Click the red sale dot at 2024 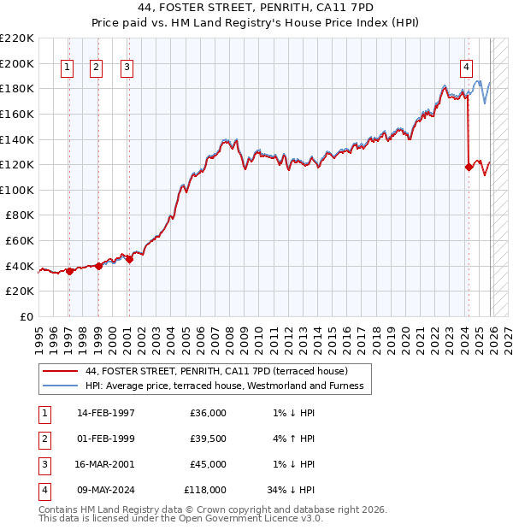[x=469, y=168]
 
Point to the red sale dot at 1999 [x=98, y=266]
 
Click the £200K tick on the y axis [x=17, y=63]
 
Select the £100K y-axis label [x=17, y=190]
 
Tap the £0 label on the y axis [x=26, y=316]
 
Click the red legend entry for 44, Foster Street [x=216, y=372]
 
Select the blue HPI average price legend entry [x=224, y=386]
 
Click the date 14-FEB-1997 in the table [x=106, y=413]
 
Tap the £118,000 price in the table [x=205, y=491]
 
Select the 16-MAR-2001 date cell [x=106, y=465]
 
